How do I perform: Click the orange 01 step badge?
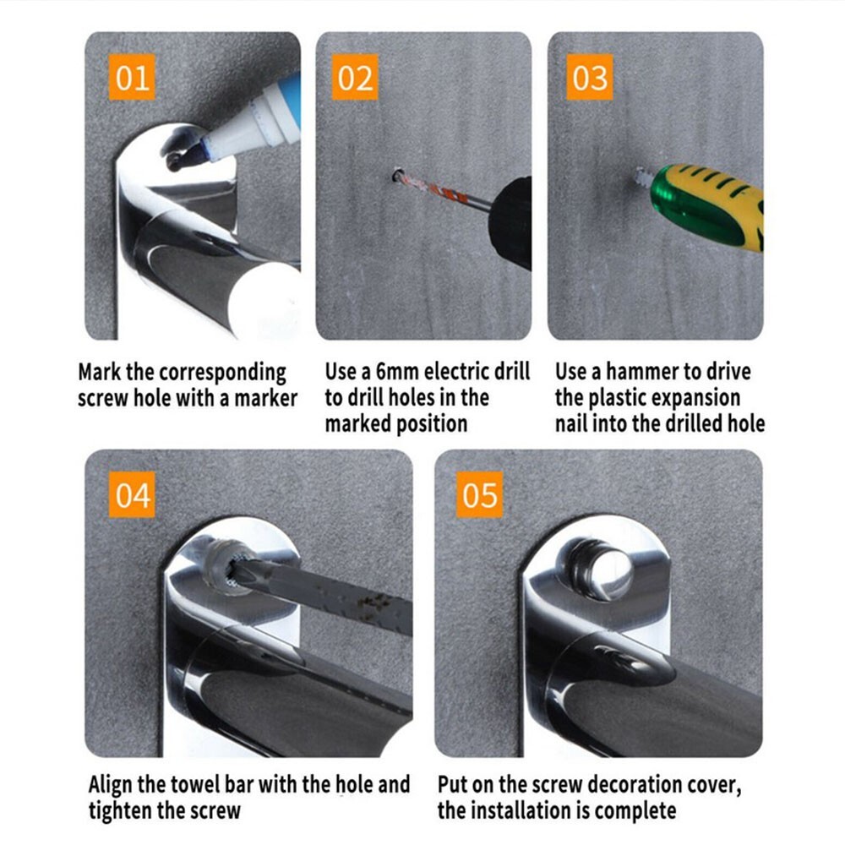coord(132,77)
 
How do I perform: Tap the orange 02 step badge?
coord(355,77)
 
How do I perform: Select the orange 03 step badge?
coord(590,77)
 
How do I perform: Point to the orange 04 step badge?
coord(132,494)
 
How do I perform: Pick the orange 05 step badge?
coord(480,494)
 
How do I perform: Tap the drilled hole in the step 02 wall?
coord(398,175)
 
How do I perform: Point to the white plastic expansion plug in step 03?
coord(641,175)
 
